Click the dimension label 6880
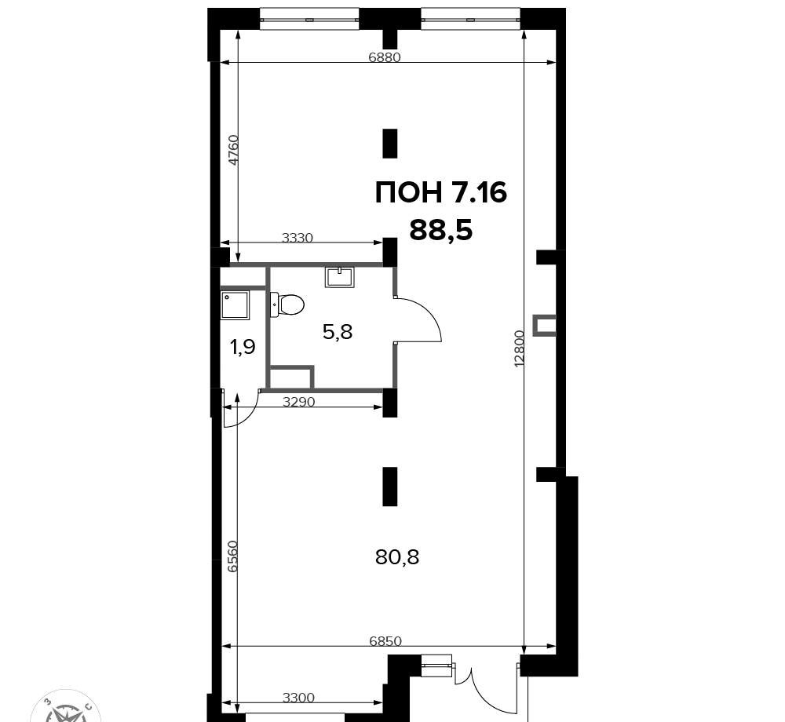[385, 57]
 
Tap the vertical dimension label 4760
[234, 150]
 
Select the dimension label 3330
[298, 238]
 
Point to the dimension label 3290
[299, 401]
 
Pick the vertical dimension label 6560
[232, 556]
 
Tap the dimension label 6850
[385, 641]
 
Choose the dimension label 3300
[298, 698]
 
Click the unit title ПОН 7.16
[441, 192]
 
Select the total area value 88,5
[441, 231]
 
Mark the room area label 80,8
[397, 557]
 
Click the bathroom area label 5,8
[338, 332]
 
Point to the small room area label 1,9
[243, 346]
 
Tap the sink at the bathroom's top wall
[340, 277]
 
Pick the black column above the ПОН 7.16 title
[390, 143]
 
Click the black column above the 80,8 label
[390, 487]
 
